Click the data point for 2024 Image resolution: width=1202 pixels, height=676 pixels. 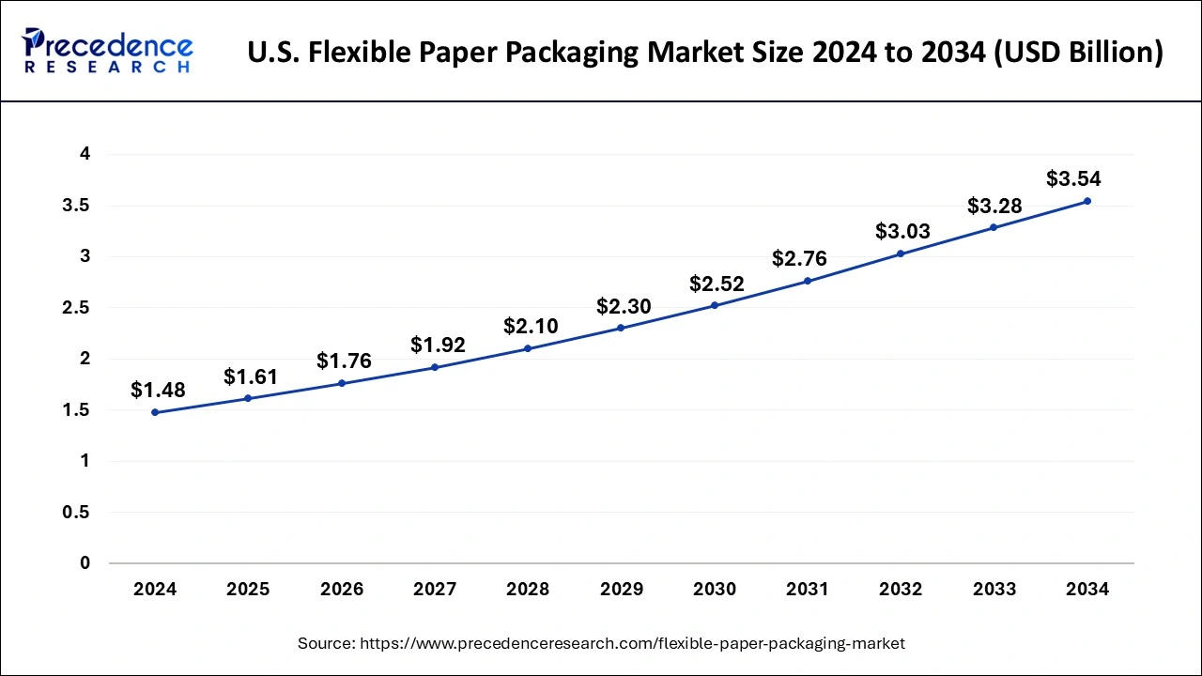coord(155,412)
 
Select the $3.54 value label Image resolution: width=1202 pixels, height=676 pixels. coord(1073,179)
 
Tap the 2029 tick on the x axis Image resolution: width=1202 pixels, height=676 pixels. coord(621,590)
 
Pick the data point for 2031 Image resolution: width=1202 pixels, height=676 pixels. coord(808,281)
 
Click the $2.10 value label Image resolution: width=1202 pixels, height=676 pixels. coord(531,327)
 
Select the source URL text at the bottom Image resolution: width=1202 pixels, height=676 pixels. coord(601,644)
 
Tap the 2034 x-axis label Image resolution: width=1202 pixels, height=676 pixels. coord(1087,590)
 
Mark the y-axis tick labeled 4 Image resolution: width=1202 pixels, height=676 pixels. coord(85,155)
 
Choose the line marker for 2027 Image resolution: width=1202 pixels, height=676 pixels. coord(435,367)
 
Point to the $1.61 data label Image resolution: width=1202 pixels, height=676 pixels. coord(251,377)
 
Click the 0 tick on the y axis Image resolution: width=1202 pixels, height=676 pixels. coord(85,563)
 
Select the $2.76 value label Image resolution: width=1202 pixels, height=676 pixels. coord(799,259)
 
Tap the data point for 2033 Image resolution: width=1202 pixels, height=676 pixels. coord(994,227)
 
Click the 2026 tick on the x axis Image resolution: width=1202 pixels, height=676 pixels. coord(341,590)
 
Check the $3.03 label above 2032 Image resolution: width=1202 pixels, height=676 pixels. coord(902,232)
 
